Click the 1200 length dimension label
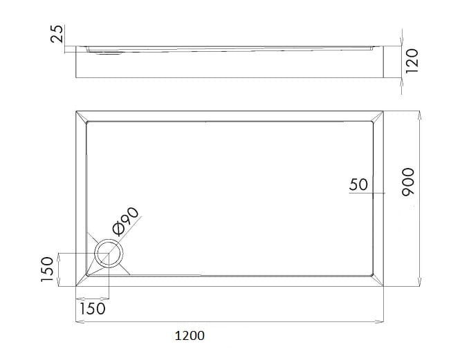coord(190,335)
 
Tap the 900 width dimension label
coord(408,182)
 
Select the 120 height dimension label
coord(412,61)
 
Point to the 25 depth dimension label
coord(57,34)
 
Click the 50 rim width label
coord(358,184)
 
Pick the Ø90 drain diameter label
coord(126,221)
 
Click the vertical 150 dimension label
coord(47,269)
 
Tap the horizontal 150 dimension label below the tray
coord(92,309)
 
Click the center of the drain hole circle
coord(109,254)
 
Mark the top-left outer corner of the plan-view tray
coord(76,111)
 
